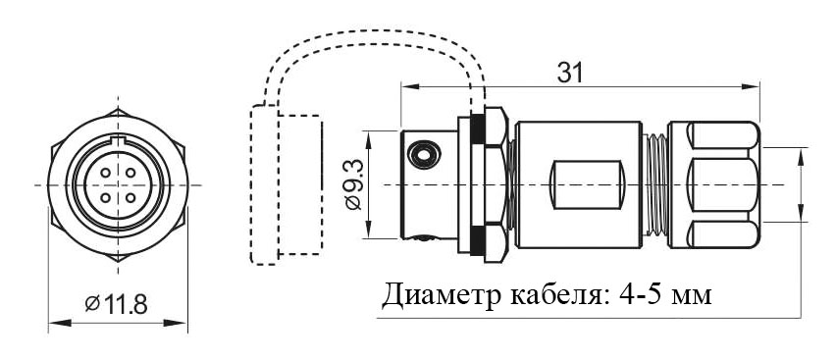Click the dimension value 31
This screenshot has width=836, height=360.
point(569,73)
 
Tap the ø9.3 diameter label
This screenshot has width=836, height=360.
point(353,184)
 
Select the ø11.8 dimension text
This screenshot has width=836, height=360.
point(116,304)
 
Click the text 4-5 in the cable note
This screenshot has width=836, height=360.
point(640,294)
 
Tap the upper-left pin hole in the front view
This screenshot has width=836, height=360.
point(106,173)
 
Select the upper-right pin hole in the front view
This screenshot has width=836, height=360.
point(131,173)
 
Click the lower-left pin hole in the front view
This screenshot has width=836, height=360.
point(106,198)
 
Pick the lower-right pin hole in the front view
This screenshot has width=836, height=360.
point(131,198)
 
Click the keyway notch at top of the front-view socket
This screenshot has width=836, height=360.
point(118,141)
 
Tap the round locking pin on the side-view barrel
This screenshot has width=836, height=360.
point(424,155)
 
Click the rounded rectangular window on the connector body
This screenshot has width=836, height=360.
point(587,184)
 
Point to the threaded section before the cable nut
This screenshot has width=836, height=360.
point(654,184)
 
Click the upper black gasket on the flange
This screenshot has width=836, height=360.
point(477,129)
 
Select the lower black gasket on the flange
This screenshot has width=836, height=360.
point(477,240)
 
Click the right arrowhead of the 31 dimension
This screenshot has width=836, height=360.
point(751,86)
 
